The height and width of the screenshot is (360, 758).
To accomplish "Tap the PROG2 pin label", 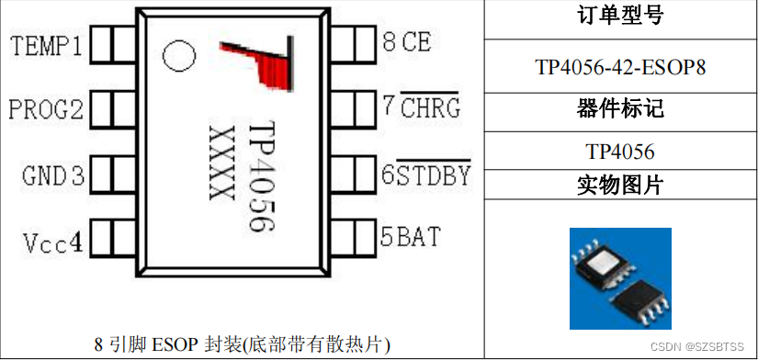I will point(47,110).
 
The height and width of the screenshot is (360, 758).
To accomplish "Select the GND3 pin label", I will point(53,175).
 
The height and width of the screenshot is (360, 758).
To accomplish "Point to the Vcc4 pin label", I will point(53,242).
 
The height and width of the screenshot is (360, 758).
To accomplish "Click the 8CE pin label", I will point(405,41).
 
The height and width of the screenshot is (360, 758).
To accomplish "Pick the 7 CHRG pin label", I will point(420,107).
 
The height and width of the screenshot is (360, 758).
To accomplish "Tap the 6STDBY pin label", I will point(425,173).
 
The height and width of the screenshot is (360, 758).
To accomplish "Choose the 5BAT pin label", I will point(411,237).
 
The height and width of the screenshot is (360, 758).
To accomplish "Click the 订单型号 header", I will point(620,17).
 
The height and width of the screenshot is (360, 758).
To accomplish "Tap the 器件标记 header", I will point(620,110).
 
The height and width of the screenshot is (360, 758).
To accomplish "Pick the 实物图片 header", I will point(620,185).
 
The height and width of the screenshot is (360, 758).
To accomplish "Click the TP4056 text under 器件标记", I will point(620,151).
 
